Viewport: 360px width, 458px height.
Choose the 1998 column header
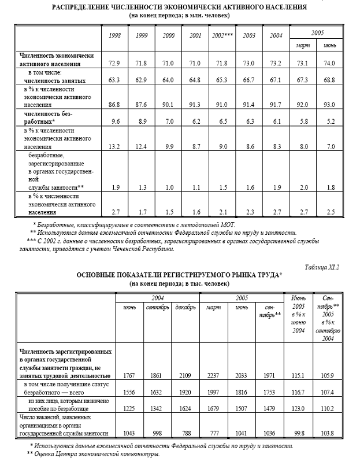[x=115, y=36]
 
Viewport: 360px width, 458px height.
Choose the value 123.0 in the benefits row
[x=298, y=408]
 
